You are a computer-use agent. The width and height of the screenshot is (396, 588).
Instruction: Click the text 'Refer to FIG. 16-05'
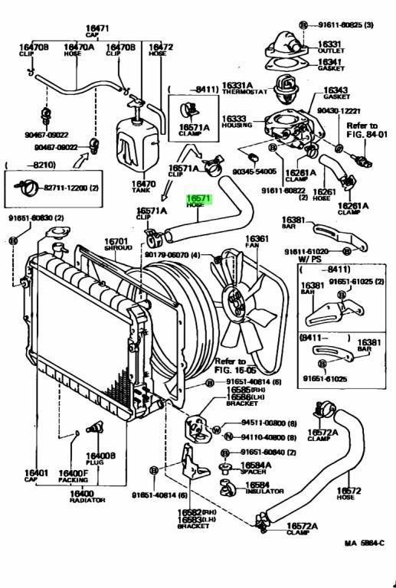pos(231,365)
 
